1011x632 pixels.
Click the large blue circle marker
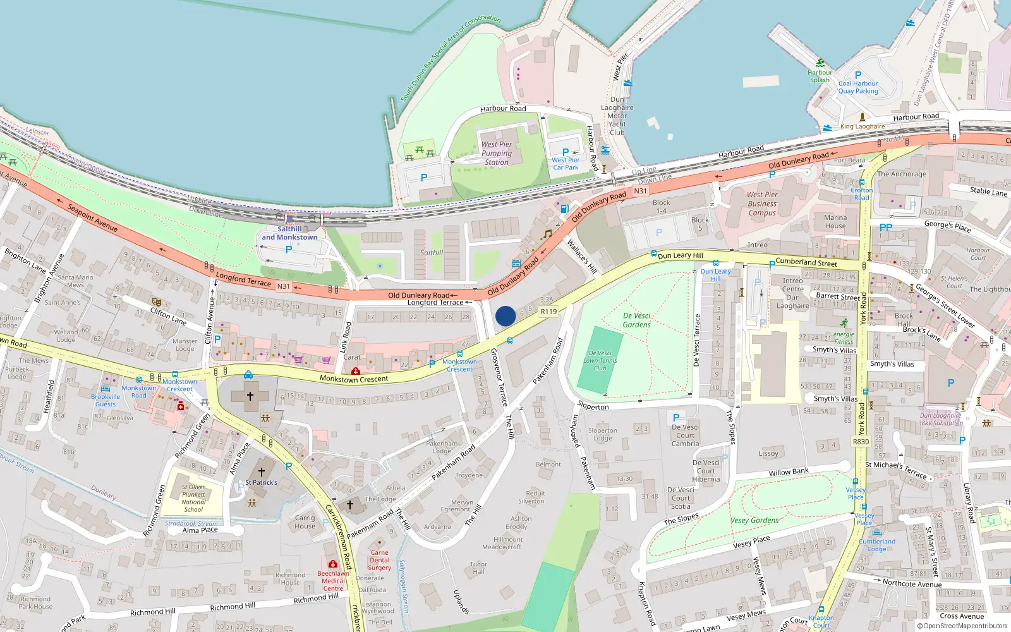tap(505, 316)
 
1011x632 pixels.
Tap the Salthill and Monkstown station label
tap(289, 233)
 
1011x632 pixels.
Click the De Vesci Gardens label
tap(636, 320)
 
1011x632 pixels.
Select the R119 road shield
tap(548, 312)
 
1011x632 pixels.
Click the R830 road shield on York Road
tap(861, 441)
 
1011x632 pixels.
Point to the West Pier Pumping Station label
tap(497, 153)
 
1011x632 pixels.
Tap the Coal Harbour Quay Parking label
tap(858, 87)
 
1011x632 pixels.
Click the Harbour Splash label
tap(820, 76)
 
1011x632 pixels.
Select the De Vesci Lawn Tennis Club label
tap(600, 360)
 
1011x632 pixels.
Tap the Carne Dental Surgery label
tap(379, 560)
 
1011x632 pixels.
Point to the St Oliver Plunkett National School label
tap(193, 498)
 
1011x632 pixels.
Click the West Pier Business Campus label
tap(762, 204)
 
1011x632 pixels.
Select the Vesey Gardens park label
tap(754, 520)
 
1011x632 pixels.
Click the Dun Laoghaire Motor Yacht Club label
tap(617, 116)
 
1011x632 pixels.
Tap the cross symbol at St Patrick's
tap(261, 471)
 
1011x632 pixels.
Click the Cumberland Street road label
tap(806, 262)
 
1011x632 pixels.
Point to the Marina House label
tap(835, 222)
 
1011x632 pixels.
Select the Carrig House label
tap(305, 521)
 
